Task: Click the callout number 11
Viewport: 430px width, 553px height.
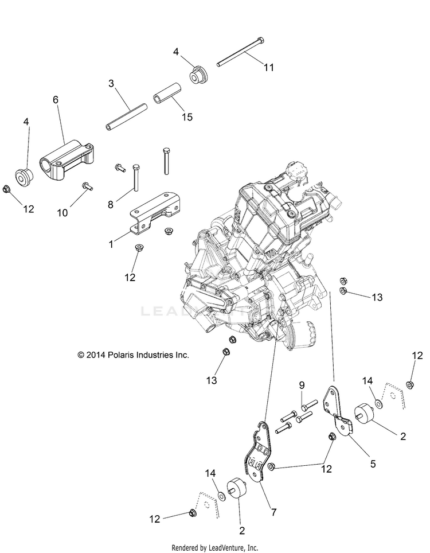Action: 269,67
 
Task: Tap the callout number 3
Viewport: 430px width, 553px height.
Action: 112,84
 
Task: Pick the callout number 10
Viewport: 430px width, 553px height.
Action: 62,212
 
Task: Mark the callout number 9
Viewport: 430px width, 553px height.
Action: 301,385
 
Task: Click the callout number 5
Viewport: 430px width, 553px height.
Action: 373,464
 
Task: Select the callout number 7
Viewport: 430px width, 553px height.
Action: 273,512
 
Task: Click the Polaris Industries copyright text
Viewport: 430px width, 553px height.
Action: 134,355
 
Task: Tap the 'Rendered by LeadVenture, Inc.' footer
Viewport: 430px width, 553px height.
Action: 215,547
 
